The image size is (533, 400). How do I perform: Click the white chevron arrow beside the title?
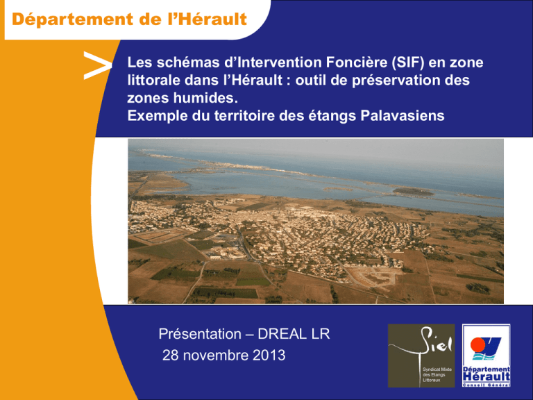tap(98, 66)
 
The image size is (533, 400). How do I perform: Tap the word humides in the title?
tap(205, 99)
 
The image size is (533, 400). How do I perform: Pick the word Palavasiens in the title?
tap(402, 116)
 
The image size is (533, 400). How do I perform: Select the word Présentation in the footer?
tap(200, 334)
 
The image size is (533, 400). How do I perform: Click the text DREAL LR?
tap(294, 334)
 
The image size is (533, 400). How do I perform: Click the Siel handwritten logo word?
tap(437, 341)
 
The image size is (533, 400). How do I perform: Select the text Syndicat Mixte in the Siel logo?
tap(437, 369)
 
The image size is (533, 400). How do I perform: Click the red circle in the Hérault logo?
tap(479, 344)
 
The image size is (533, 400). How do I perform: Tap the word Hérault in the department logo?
tap(487, 377)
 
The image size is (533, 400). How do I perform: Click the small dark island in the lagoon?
tap(413, 192)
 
